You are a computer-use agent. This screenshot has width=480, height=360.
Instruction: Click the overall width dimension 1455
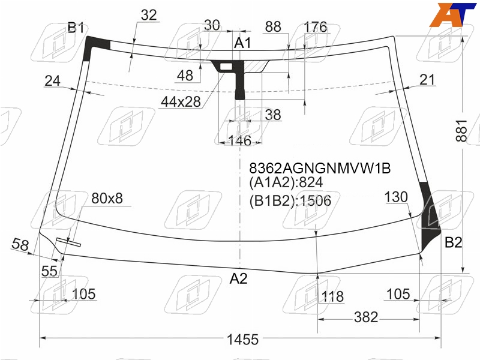242,340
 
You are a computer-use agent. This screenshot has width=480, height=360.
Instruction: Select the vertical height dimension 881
461,131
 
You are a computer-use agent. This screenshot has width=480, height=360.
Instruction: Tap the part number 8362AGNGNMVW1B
320,168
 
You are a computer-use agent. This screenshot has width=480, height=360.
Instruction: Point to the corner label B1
76,28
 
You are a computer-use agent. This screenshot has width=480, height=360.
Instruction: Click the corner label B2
453,242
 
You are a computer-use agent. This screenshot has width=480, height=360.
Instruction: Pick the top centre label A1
242,43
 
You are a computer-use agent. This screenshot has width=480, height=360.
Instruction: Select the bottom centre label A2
238,278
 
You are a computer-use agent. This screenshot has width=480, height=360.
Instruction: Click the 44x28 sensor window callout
181,101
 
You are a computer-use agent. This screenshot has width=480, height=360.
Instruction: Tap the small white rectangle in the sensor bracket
226,66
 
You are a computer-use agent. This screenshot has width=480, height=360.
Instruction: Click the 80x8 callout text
107,198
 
